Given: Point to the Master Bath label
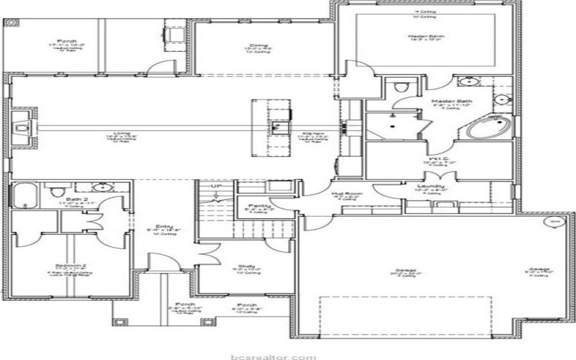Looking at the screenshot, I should tap(451, 102).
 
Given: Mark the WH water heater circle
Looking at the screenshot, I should tap(554, 222).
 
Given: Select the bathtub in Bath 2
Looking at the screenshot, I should tap(25, 195).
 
